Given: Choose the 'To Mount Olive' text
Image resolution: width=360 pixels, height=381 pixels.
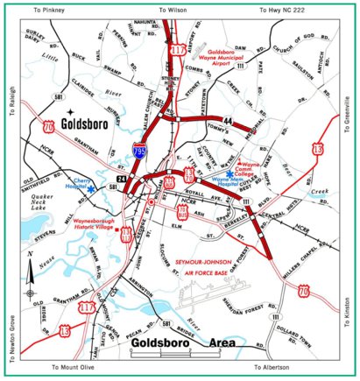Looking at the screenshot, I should tap(75, 368).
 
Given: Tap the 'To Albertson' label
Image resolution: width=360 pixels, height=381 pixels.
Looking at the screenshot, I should tap(274, 368).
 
